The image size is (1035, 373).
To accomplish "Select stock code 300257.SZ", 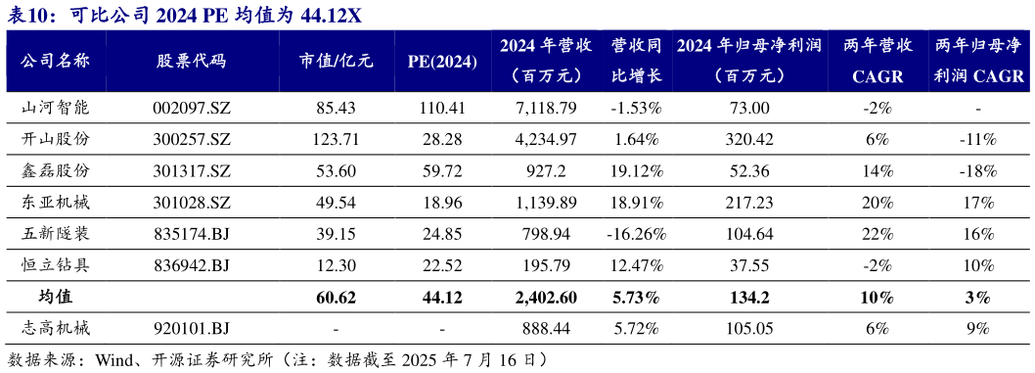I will [x=192, y=140].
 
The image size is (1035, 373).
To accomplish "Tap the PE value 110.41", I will [x=442, y=109].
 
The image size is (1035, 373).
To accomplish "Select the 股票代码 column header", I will [x=191, y=61].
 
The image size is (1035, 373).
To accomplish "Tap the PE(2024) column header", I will [x=442, y=61].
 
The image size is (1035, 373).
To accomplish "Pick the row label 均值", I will [x=55, y=297].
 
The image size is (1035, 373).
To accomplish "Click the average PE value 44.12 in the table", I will [x=442, y=297].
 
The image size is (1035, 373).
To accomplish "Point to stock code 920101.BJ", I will [x=192, y=328].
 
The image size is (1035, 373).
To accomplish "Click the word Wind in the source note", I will [x=113, y=359].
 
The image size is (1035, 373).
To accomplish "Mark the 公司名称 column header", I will [x=55, y=61].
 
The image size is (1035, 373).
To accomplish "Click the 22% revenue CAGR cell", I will [x=876, y=234].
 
